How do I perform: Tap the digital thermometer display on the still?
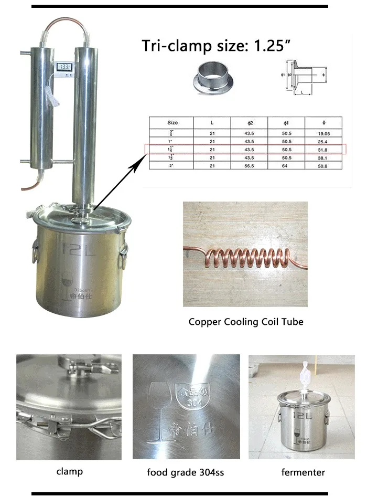66,67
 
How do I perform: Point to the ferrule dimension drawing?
303,78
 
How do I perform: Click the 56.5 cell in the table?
250,166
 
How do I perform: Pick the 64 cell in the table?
287,166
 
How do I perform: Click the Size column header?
172,122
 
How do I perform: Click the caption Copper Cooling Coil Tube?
246,321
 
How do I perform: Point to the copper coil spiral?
245,257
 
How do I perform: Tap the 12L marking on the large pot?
78,248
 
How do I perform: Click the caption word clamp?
69,471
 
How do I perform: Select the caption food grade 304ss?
186,472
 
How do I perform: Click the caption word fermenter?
303,472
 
